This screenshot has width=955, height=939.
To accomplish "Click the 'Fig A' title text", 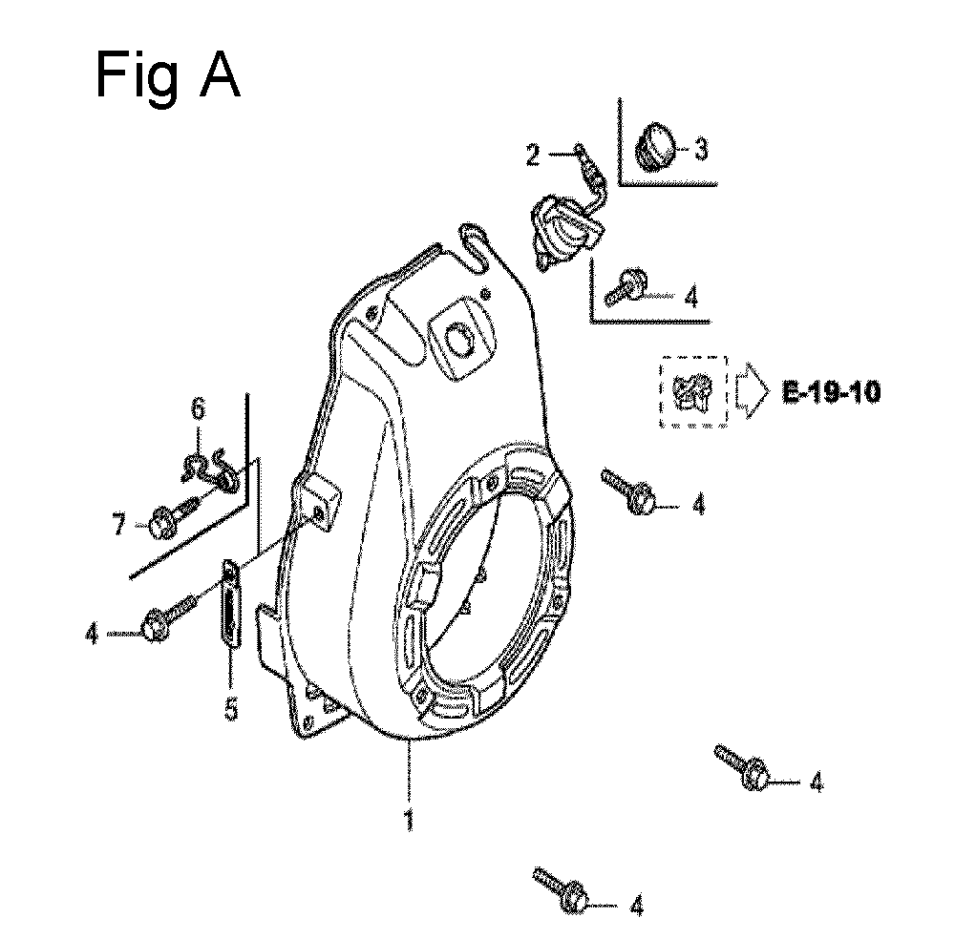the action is [x=167, y=76].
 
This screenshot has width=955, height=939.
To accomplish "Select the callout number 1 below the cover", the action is [x=410, y=819].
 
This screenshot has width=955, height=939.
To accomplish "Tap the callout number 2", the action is [x=533, y=155].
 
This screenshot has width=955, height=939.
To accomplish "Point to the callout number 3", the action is [x=702, y=149].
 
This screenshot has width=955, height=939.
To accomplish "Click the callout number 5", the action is [x=231, y=709].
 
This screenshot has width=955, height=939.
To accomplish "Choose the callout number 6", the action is [x=199, y=408].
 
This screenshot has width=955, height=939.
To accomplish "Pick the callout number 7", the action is [x=118, y=524].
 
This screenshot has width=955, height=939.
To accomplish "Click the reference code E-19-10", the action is [x=832, y=392].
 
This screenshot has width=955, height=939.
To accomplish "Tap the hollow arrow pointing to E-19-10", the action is [x=753, y=391].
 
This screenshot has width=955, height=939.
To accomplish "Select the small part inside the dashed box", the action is [x=692, y=392].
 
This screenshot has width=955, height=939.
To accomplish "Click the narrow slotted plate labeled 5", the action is [x=229, y=602].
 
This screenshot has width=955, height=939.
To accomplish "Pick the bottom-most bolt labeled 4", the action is [x=561, y=889].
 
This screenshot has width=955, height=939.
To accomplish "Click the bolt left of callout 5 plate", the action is [x=170, y=616].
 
